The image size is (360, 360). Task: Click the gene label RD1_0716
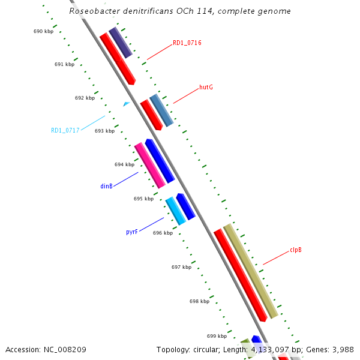tap(187, 43)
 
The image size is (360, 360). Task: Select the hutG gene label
tap(206, 87)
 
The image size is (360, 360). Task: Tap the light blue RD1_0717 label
tap(65, 130)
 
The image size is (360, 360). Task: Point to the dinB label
tap(106, 186)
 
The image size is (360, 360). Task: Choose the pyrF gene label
tap(132, 232)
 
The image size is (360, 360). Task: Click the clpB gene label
tap(295, 250)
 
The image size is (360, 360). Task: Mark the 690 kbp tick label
tap(43, 31)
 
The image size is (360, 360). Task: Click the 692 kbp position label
tap(85, 98)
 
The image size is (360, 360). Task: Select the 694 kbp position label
tap(124, 164)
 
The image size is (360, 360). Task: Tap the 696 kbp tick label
tap(163, 233)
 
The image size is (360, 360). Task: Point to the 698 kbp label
tap(199, 301)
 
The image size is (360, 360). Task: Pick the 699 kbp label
tap(217, 336)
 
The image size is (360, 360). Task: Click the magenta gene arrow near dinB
tap(149, 165)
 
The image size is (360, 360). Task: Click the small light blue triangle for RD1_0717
tap(126, 104)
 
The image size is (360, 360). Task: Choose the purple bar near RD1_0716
tap(121, 43)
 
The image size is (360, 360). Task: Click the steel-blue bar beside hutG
tap(161, 110)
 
